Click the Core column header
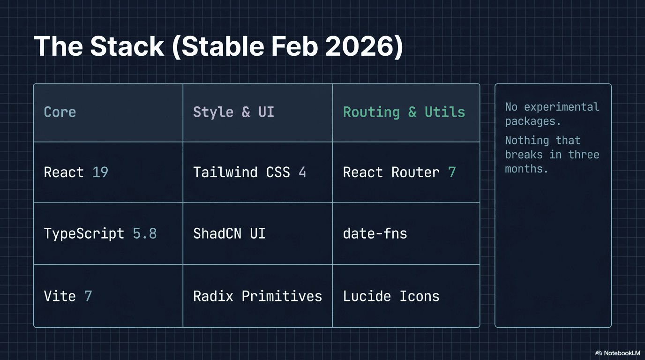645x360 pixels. (x=60, y=112)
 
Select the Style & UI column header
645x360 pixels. (x=233, y=112)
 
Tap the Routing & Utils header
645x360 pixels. (x=404, y=112)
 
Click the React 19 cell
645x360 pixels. (x=76, y=172)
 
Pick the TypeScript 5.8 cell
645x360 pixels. (x=100, y=233)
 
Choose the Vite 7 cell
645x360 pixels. (x=68, y=296)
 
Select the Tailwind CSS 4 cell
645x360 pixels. (x=249, y=172)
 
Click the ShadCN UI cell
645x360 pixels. (x=229, y=233)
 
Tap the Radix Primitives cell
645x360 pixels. (x=257, y=296)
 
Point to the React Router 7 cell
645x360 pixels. (x=399, y=172)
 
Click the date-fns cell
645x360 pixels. (x=375, y=233)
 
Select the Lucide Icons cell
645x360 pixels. (x=391, y=296)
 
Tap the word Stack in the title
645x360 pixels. (x=127, y=46)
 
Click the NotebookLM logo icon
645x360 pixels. (x=598, y=353)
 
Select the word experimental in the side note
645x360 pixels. (x=562, y=107)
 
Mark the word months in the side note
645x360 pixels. (x=526, y=169)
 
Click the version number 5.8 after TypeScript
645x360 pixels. (x=144, y=233)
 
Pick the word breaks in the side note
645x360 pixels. (x=524, y=155)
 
